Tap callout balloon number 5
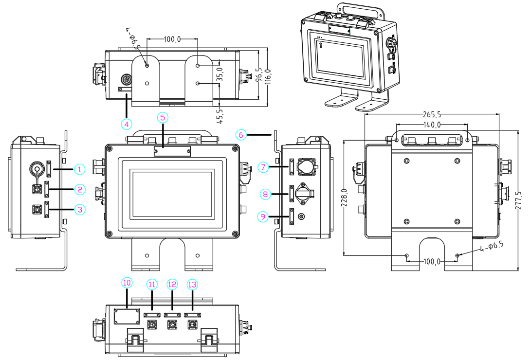coord(163,117)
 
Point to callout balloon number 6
coord(241,134)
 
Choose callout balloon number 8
coord(265,194)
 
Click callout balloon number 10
coord(127,283)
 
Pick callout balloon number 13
coord(192,284)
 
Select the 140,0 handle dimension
coord(432,125)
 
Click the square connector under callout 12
coord(172,324)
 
